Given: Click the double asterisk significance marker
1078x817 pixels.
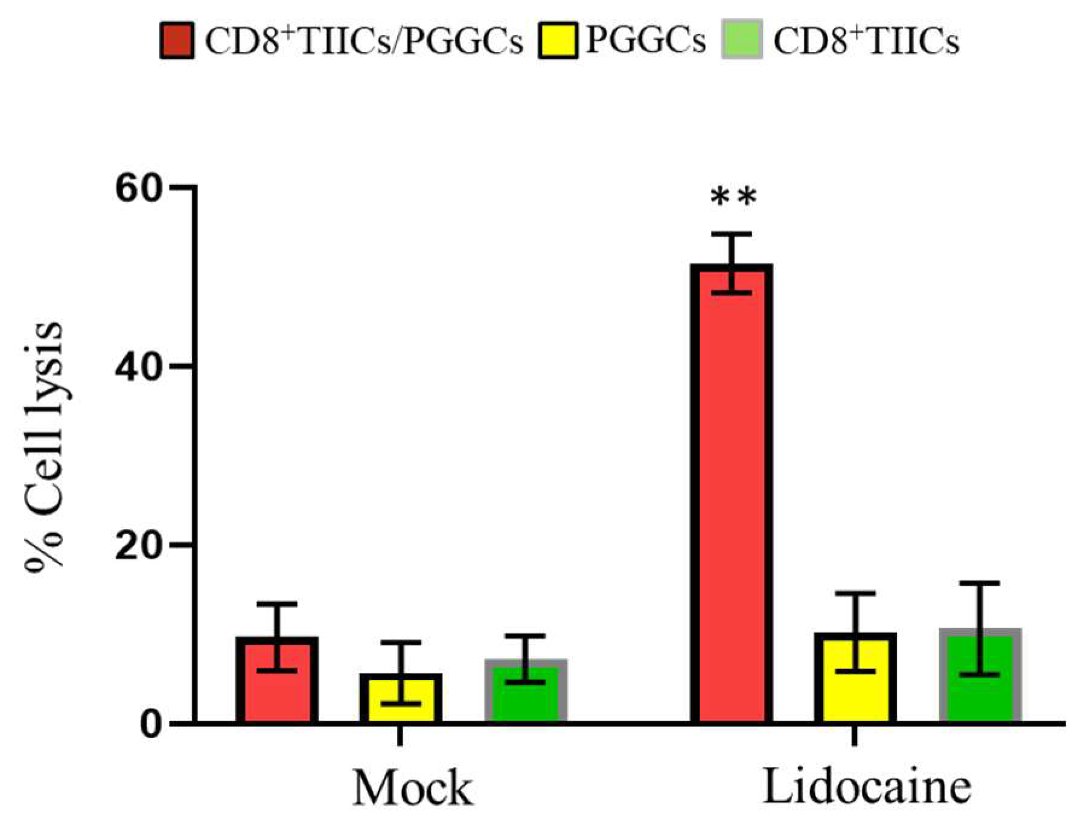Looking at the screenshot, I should pyautogui.click(x=733, y=197).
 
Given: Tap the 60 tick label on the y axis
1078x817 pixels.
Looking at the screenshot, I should pyautogui.click(x=139, y=188).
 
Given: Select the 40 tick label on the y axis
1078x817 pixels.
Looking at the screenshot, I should pyautogui.click(x=139, y=367).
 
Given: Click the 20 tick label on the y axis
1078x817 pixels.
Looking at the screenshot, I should pyautogui.click(x=139, y=545).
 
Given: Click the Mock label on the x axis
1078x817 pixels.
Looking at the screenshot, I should pyautogui.click(x=412, y=788).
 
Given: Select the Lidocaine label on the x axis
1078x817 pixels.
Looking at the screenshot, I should pyautogui.click(x=867, y=787).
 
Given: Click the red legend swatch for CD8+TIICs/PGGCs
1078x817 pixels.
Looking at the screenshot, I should pyautogui.click(x=177, y=41).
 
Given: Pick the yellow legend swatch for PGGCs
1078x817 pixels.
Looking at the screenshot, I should pyautogui.click(x=558, y=41).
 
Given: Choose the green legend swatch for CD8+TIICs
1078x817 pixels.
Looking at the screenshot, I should pyautogui.click(x=742, y=41).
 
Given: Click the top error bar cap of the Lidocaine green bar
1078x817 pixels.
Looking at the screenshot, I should pyautogui.click(x=979, y=583).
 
